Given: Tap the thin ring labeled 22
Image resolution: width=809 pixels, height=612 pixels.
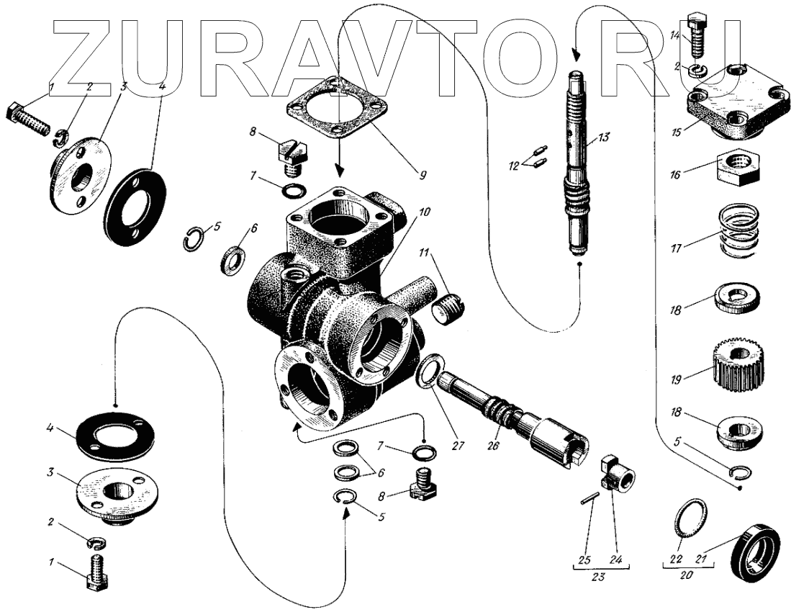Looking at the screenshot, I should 690,518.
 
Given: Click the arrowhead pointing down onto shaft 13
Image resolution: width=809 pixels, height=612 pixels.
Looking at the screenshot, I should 575,56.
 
